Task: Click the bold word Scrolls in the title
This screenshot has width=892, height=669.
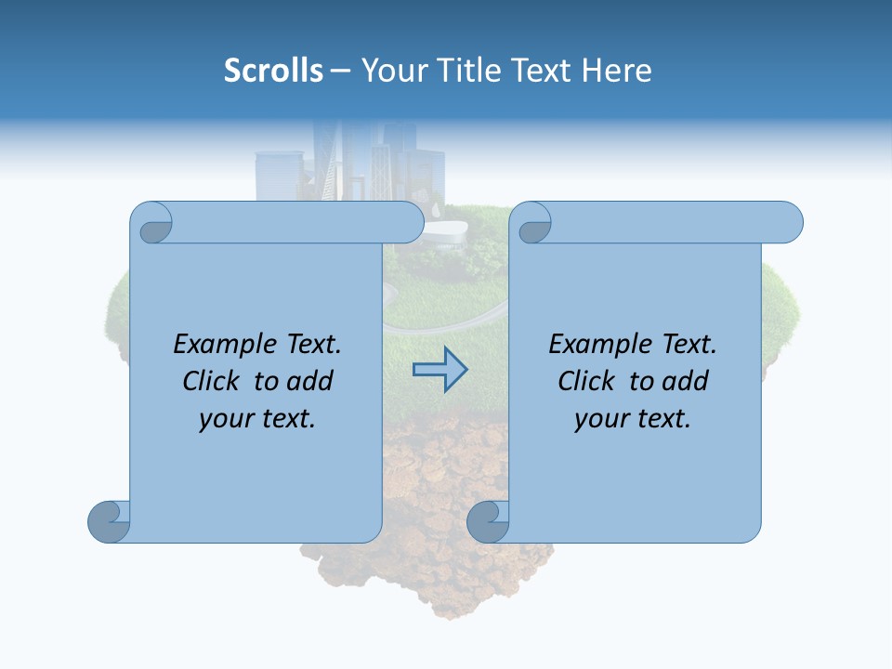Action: [274, 71]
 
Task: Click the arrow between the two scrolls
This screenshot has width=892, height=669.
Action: [439, 369]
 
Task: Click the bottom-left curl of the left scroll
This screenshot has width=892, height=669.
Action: [108, 520]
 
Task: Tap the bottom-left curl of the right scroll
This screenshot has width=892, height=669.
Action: [487, 520]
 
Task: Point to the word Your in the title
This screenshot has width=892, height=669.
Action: [391, 71]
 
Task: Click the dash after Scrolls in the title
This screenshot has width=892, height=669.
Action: [340, 71]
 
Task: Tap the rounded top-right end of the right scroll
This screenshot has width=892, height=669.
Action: [790, 223]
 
